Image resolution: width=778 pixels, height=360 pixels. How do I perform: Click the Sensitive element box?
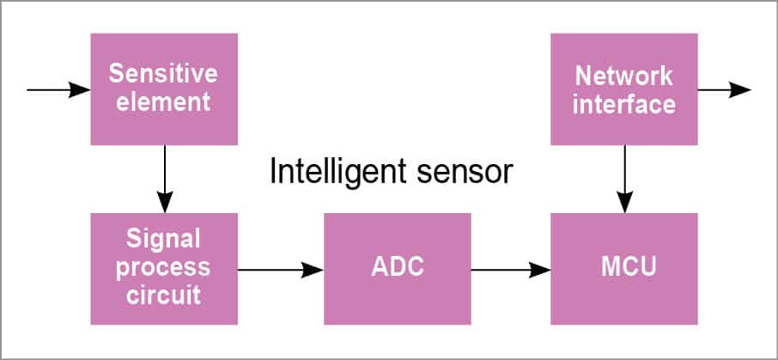[x=163, y=88]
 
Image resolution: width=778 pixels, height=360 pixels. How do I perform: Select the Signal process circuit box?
[x=163, y=268]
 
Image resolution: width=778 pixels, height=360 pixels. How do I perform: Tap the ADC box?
[x=397, y=268]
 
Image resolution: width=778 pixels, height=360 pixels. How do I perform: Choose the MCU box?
[x=623, y=268]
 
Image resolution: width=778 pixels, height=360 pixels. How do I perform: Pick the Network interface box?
[x=623, y=88]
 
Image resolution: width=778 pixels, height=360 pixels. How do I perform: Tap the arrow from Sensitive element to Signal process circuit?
[x=163, y=178]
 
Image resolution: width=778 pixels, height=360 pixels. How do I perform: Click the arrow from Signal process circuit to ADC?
[x=280, y=269]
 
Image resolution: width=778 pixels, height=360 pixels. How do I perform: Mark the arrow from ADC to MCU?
[x=510, y=269]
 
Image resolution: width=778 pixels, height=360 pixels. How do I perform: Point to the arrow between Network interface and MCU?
[x=624, y=178]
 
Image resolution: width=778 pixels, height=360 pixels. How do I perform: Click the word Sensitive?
[x=163, y=74]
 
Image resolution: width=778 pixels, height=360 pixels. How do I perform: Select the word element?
[x=163, y=103]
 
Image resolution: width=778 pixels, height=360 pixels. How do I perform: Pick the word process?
[x=163, y=267]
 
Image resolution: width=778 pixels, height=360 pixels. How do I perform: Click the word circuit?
[x=163, y=295]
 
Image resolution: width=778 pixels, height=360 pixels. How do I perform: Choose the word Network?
[x=623, y=76]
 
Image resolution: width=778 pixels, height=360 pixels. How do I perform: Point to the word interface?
[x=623, y=104]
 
